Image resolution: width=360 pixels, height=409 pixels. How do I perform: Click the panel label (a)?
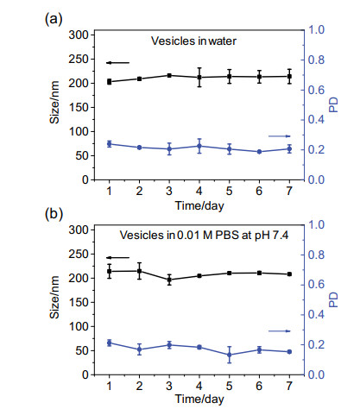click(54, 20)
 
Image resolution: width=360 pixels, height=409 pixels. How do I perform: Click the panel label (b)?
click(54, 214)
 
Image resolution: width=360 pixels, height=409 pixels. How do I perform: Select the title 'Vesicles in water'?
click(193, 41)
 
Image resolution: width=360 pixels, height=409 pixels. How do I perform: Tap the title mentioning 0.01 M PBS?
click(204, 236)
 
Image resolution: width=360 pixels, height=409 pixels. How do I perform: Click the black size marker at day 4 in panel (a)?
click(199, 77)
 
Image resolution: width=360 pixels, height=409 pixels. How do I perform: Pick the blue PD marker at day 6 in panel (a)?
click(259, 152)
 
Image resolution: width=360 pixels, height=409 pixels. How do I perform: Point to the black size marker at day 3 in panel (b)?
click(169, 280)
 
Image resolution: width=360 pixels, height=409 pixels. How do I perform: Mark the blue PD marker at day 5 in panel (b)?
click(230, 355)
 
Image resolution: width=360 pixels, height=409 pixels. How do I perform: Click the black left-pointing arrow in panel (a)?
click(118, 63)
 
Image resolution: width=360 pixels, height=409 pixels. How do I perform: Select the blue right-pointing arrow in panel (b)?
click(280, 331)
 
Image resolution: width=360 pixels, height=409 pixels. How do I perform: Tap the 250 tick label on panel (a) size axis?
click(79, 60)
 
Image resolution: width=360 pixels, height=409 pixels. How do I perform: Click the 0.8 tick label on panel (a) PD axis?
click(316, 60)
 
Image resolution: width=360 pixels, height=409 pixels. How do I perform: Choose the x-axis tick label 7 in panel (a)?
click(289, 191)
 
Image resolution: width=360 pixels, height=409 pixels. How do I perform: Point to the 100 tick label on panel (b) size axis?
click(79, 327)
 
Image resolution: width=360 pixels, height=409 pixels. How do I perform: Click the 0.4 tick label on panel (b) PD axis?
click(316, 314)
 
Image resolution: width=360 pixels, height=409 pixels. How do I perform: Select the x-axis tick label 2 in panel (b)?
click(139, 386)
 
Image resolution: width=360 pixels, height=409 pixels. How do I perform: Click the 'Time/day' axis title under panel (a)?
click(199, 206)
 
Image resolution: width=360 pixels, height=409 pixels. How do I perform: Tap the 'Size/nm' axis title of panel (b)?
click(54, 297)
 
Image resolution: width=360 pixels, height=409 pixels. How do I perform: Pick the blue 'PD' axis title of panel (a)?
click(333, 104)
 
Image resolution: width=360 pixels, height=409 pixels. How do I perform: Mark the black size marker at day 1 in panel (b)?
click(110, 271)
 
